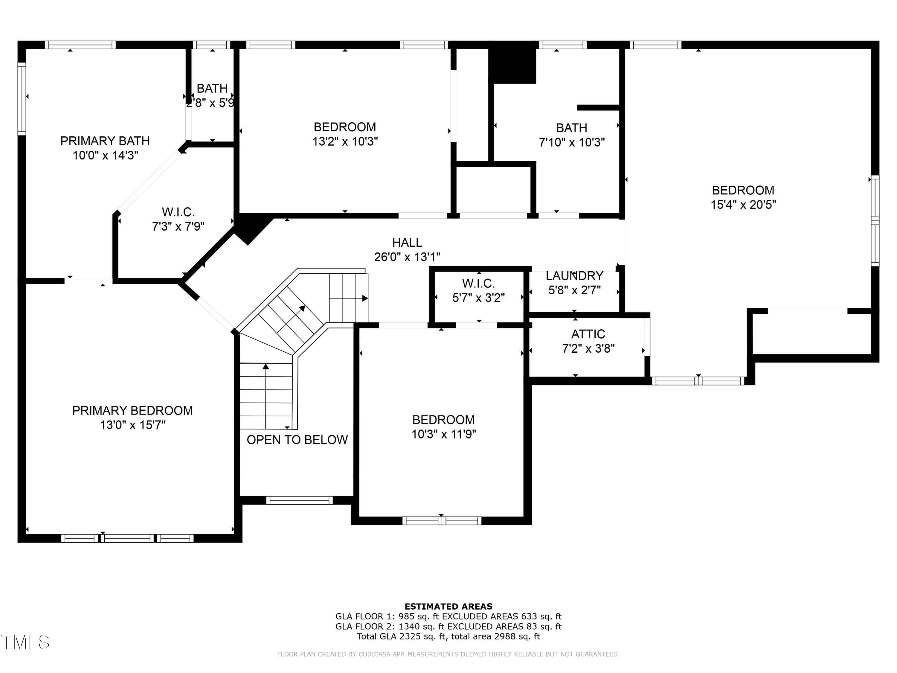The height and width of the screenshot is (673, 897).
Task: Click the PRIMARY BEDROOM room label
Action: (x=132, y=411)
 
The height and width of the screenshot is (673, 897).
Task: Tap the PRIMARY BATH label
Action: (x=105, y=141)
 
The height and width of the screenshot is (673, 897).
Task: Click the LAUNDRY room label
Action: (x=574, y=276)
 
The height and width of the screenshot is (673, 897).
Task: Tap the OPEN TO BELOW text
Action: (x=297, y=440)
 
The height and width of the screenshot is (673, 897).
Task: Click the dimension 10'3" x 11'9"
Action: (x=444, y=434)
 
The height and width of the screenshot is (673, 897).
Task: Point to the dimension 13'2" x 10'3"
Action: (x=345, y=141)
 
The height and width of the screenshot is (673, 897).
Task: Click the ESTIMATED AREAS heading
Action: (x=448, y=607)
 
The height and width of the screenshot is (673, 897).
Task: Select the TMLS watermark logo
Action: (x=25, y=642)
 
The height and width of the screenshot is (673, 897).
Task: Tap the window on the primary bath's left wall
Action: (x=22, y=99)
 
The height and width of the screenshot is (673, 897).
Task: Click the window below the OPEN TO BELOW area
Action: (x=299, y=500)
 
